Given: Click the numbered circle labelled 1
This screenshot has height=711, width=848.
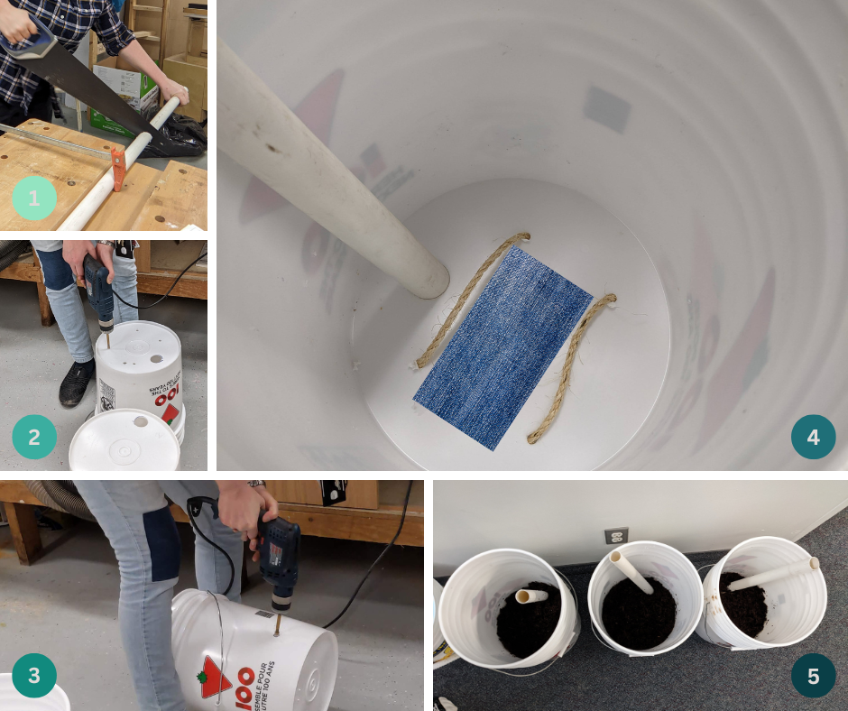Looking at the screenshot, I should point(34,199).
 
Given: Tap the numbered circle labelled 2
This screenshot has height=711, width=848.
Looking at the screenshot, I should point(34,437).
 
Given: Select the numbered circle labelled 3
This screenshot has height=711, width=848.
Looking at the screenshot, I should point(34,676).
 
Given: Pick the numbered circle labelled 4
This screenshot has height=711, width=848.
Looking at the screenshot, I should point(813,437).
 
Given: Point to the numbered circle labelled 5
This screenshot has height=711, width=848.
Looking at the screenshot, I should point(813,676).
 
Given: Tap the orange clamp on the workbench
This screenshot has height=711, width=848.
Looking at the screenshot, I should point(118,169).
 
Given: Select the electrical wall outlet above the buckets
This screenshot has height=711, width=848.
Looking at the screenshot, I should point(616,536).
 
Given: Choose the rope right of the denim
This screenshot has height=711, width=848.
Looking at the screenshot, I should point(571,366).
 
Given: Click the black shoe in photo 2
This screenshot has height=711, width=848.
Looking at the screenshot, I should point(77,383).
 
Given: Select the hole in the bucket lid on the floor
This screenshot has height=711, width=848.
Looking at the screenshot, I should point(140,421).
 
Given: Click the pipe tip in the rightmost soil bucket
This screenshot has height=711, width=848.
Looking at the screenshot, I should point(813,564).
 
